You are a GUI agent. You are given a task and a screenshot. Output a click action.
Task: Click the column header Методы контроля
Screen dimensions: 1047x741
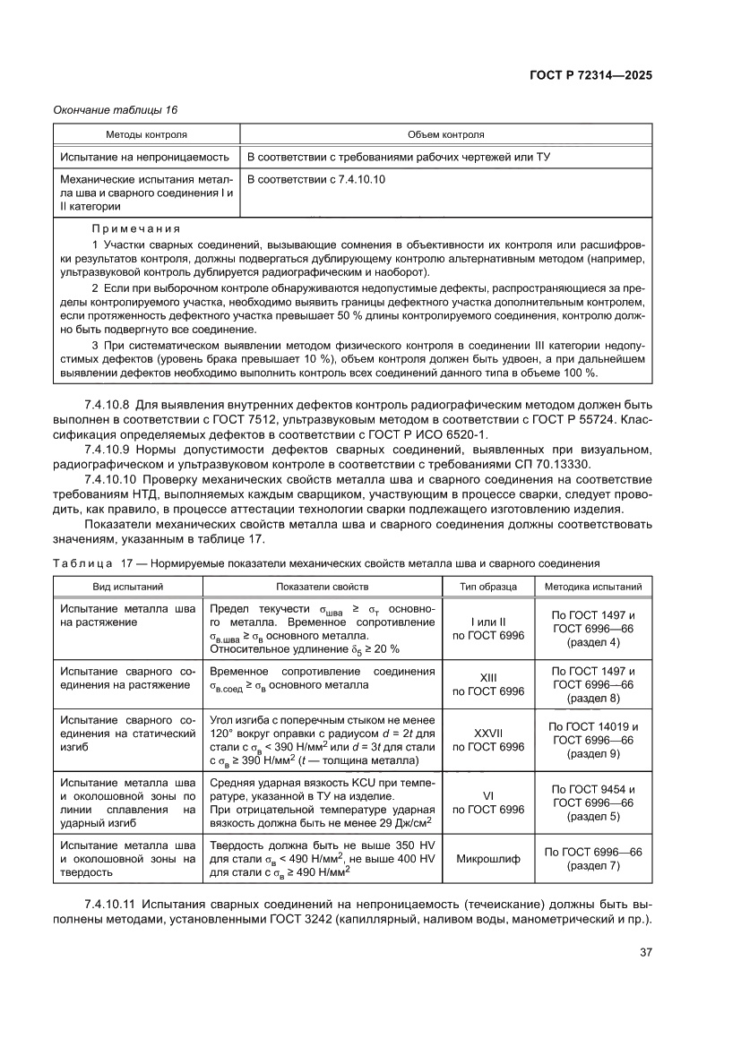146,135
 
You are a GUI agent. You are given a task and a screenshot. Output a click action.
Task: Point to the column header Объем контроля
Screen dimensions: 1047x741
445,135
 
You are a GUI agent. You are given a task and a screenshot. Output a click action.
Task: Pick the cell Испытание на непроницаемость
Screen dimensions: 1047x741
145,157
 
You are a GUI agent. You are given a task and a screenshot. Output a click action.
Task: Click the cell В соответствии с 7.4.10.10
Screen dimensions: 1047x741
316,179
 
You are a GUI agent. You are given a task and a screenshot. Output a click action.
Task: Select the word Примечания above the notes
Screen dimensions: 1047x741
135,228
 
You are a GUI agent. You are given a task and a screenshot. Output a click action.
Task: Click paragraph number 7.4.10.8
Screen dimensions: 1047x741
108,403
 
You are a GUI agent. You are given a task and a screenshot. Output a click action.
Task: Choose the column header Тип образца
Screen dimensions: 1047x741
488,587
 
